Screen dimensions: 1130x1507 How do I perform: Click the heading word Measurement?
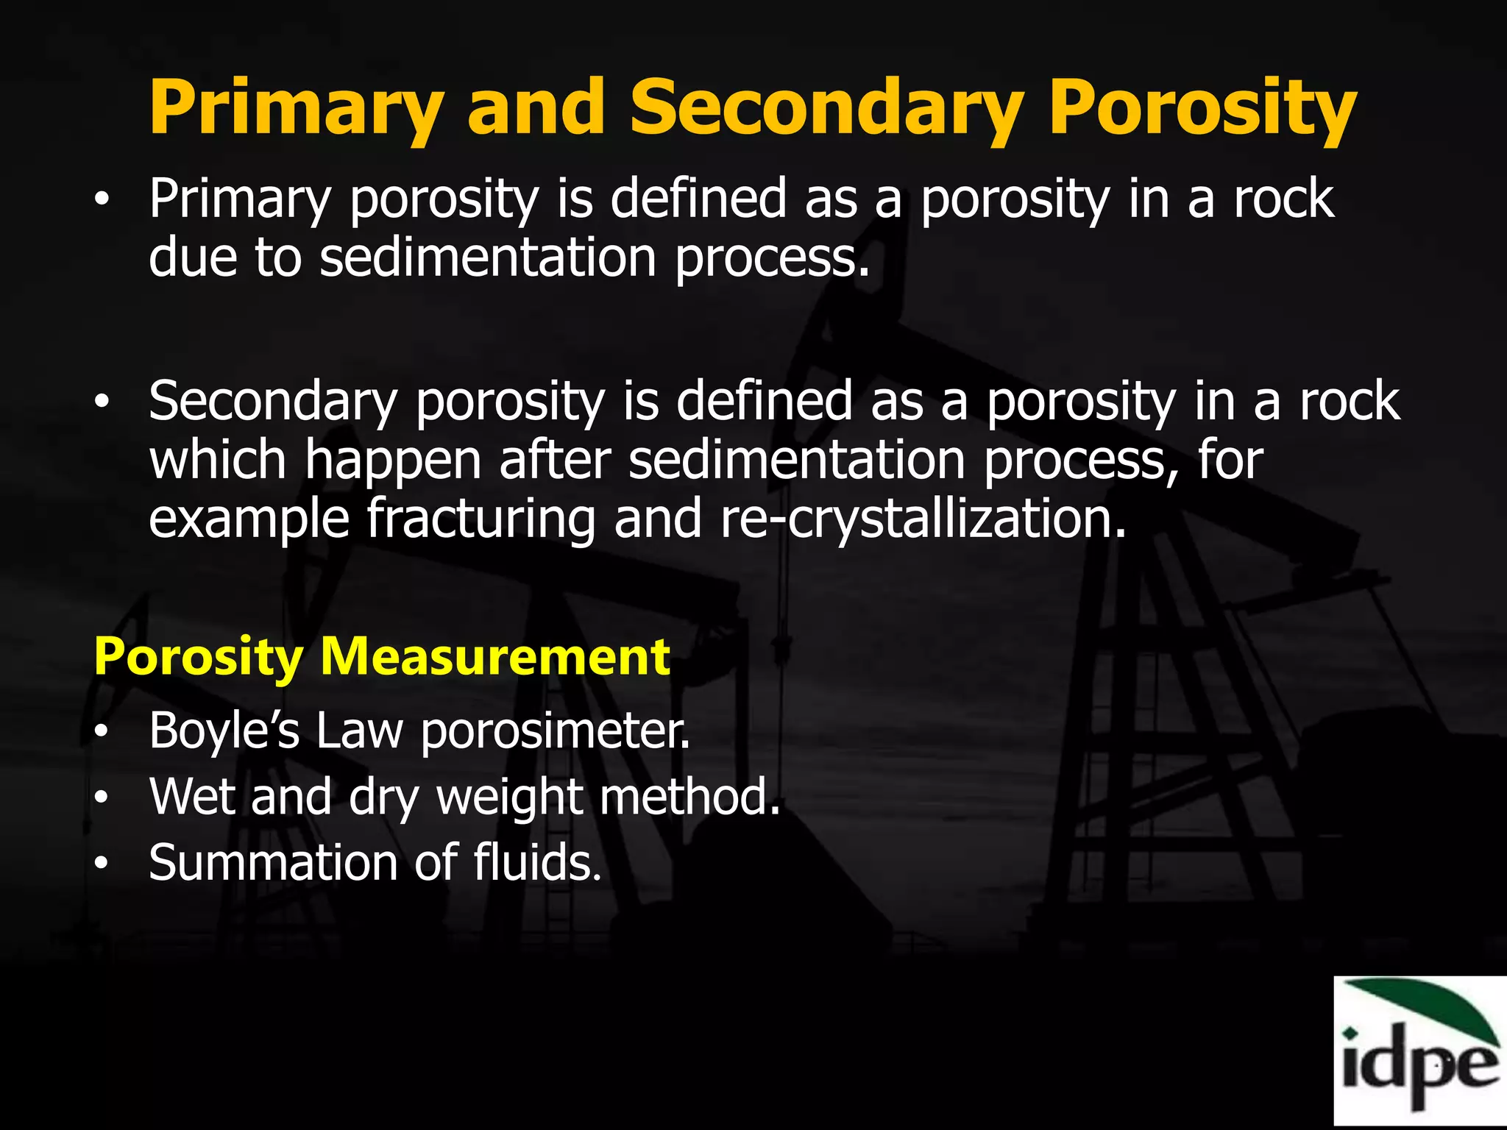[495, 656]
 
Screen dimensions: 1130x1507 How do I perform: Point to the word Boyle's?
[224, 731]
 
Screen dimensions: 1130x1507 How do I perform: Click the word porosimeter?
[556, 732]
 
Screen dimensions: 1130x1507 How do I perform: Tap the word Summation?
[272, 862]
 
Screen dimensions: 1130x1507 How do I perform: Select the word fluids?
[537, 862]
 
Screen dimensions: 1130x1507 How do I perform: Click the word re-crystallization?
[923, 519]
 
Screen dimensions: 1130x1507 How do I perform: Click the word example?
[249, 519]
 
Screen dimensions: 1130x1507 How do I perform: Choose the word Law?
[360, 731]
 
